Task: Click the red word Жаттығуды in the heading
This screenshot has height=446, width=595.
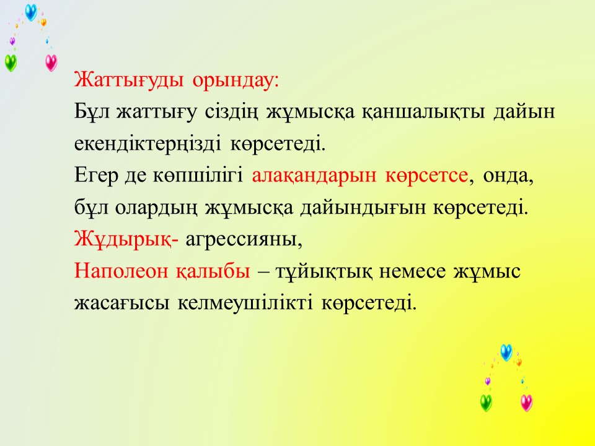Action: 129,80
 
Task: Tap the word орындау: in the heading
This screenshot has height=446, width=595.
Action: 236,81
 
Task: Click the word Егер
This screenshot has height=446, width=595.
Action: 96,176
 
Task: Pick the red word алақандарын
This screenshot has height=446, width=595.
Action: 314,176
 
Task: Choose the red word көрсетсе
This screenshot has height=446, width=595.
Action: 426,176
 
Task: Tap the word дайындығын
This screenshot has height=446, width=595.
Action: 363,208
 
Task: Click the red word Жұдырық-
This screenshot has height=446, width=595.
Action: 126,239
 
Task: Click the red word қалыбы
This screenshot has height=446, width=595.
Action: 213,271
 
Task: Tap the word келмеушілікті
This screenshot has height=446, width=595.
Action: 245,303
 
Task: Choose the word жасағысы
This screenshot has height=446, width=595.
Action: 122,304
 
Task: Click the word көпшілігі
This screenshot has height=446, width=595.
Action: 198,176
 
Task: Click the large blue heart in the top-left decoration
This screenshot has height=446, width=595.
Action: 31,12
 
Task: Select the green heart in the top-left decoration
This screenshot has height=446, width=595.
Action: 11,63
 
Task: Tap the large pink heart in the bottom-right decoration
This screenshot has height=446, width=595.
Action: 526,403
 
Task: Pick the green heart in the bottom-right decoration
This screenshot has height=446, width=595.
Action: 486,403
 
